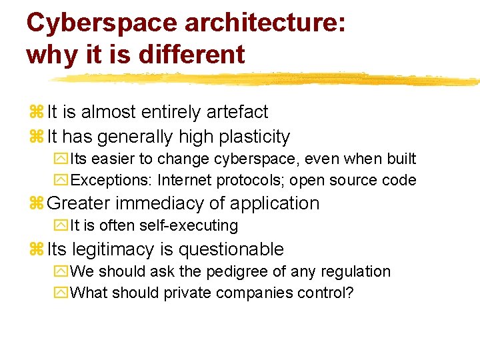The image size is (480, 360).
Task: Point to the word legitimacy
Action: tap(110, 249)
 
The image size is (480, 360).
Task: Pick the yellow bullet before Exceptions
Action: tap(63, 180)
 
